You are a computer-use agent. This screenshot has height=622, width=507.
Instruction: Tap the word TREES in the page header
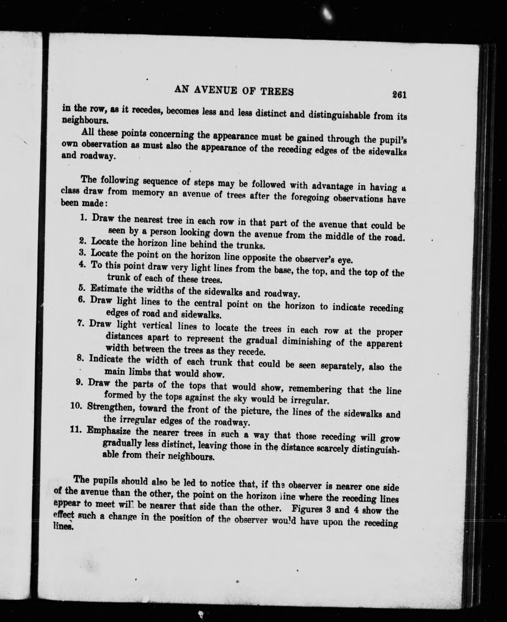tap(278, 92)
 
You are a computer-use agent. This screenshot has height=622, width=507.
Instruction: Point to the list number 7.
tap(81, 323)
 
